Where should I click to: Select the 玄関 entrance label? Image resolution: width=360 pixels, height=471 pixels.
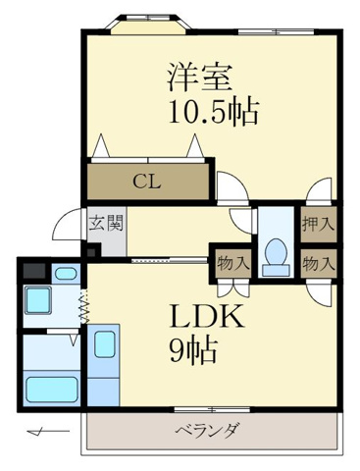pyautogui.click(x=105, y=223)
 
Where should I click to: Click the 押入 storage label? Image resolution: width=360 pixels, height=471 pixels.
pyautogui.click(x=317, y=223)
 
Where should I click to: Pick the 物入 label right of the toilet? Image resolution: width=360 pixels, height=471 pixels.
pyautogui.click(x=317, y=262)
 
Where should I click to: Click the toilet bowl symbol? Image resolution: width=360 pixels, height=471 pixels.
pyautogui.click(x=276, y=252)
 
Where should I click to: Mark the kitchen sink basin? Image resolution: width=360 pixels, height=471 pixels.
pyautogui.click(x=103, y=345)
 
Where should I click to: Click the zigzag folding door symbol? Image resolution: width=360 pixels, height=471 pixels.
pyautogui.click(x=85, y=310)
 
